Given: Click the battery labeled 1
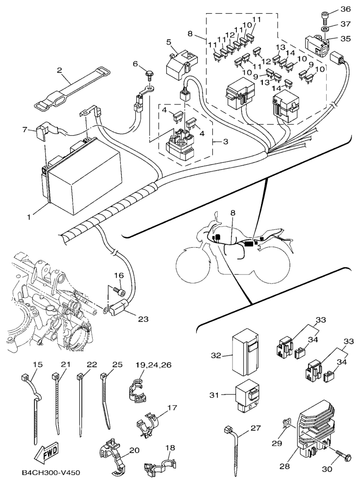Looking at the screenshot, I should tap(83, 177).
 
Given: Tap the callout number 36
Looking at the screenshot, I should tap(345, 9).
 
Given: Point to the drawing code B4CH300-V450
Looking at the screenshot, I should tap(51, 473).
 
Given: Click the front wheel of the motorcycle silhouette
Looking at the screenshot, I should tap(194, 265).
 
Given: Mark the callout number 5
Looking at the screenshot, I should tap(168, 42).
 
